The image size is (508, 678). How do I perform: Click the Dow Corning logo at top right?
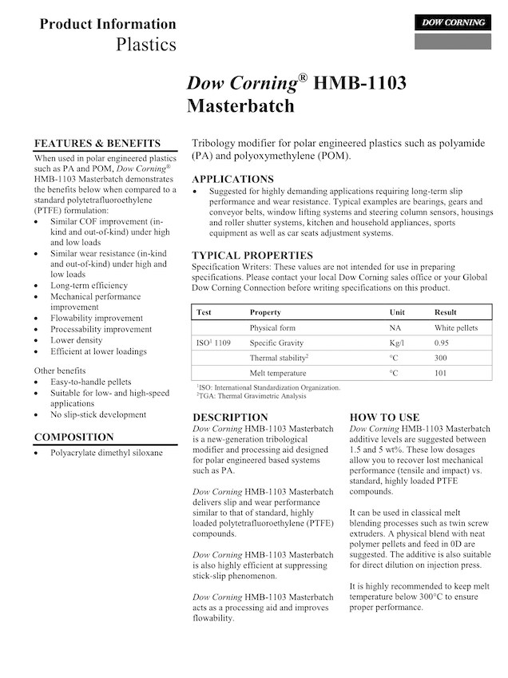(452, 22)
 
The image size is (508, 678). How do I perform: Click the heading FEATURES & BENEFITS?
(97, 143)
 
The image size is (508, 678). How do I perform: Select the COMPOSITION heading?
(74, 437)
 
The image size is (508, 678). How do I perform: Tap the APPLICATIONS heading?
(232, 179)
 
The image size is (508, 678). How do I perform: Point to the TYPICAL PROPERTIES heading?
(252, 256)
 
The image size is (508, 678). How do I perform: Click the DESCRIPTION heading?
(231, 417)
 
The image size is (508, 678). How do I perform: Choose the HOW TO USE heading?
(384, 417)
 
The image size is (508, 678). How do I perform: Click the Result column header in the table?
(446, 312)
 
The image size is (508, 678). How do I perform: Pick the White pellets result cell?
(456, 327)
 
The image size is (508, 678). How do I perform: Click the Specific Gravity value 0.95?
(441, 343)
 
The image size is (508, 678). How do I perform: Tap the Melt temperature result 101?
(440, 373)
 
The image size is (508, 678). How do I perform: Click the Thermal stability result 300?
(440, 358)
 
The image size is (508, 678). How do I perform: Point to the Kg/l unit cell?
(396, 343)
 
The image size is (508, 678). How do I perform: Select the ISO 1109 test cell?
(213, 343)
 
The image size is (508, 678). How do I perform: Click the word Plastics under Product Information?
(146, 44)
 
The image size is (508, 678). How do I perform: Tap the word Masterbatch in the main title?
(240, 105)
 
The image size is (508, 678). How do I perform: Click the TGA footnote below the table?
(252, 395)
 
